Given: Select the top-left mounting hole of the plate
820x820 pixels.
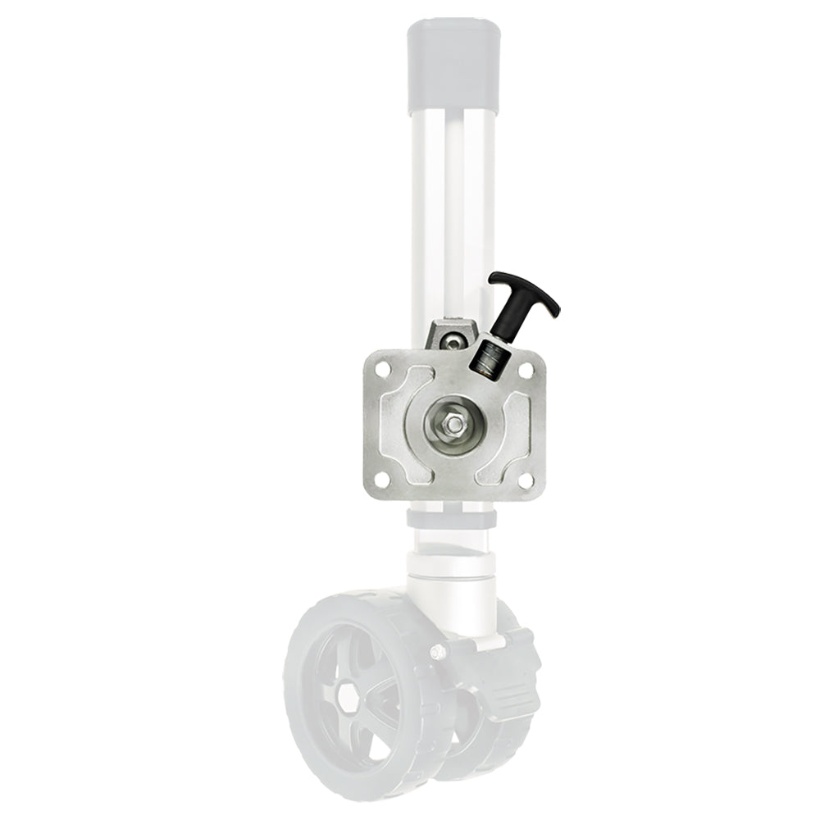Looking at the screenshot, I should [x=381, y=367].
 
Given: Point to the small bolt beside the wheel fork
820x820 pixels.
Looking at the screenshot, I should [x=438, y=652].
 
